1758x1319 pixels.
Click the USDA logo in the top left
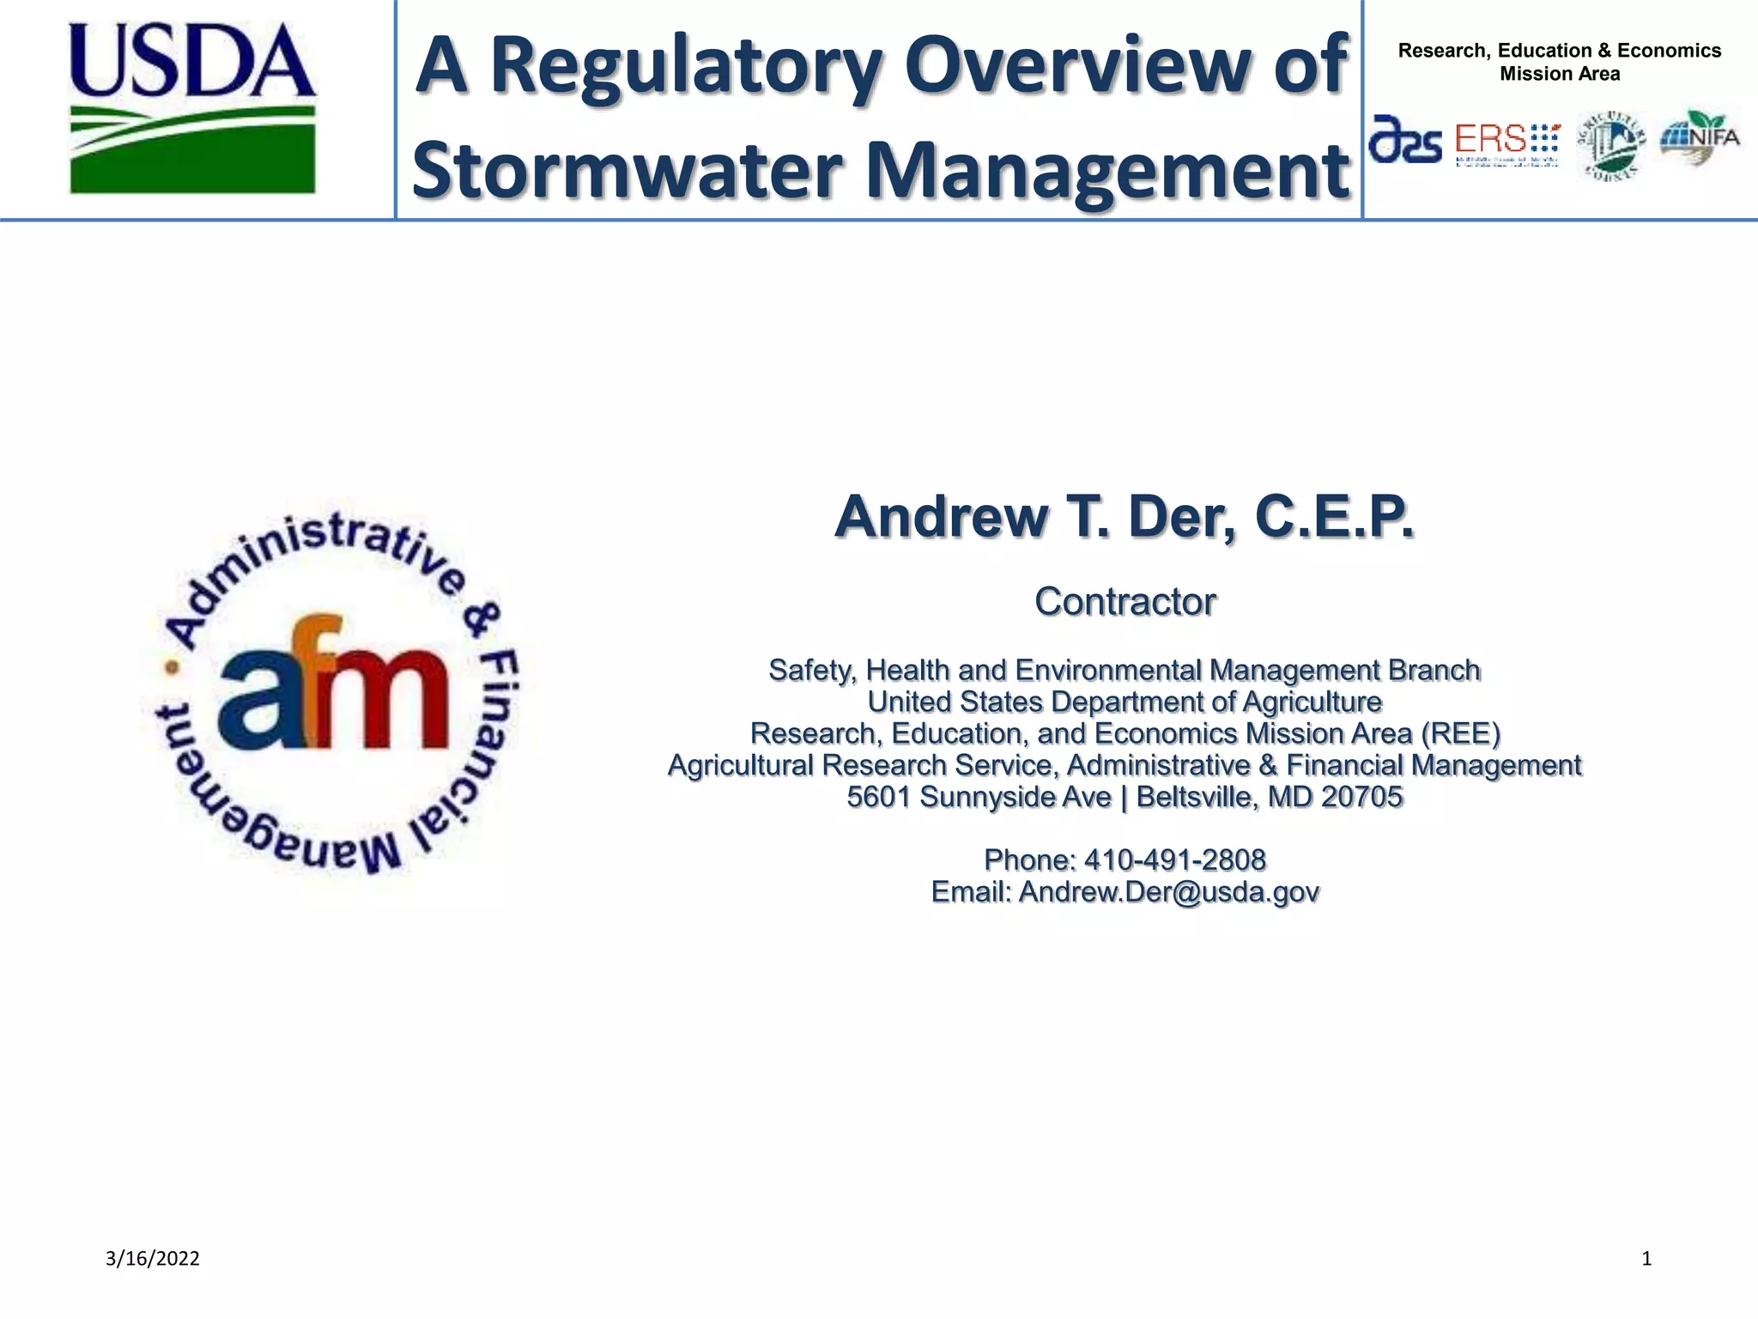(192, 107)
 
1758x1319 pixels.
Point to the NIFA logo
(1700, 137)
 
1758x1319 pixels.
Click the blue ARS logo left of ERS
(1405, 140)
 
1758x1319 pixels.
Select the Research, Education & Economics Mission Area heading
(1560, 62)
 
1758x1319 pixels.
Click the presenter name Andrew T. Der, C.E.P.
(1125, 517)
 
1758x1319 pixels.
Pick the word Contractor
(1125, 601)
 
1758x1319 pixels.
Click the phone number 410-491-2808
(1175, 860)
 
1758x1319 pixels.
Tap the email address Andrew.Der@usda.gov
(1168, 892)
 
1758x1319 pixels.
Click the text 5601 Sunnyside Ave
(979, 797)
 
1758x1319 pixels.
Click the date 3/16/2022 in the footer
(153, 1259)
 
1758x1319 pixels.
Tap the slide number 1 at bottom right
(1646, 1259)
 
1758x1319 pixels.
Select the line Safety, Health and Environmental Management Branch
(1125, 670)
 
